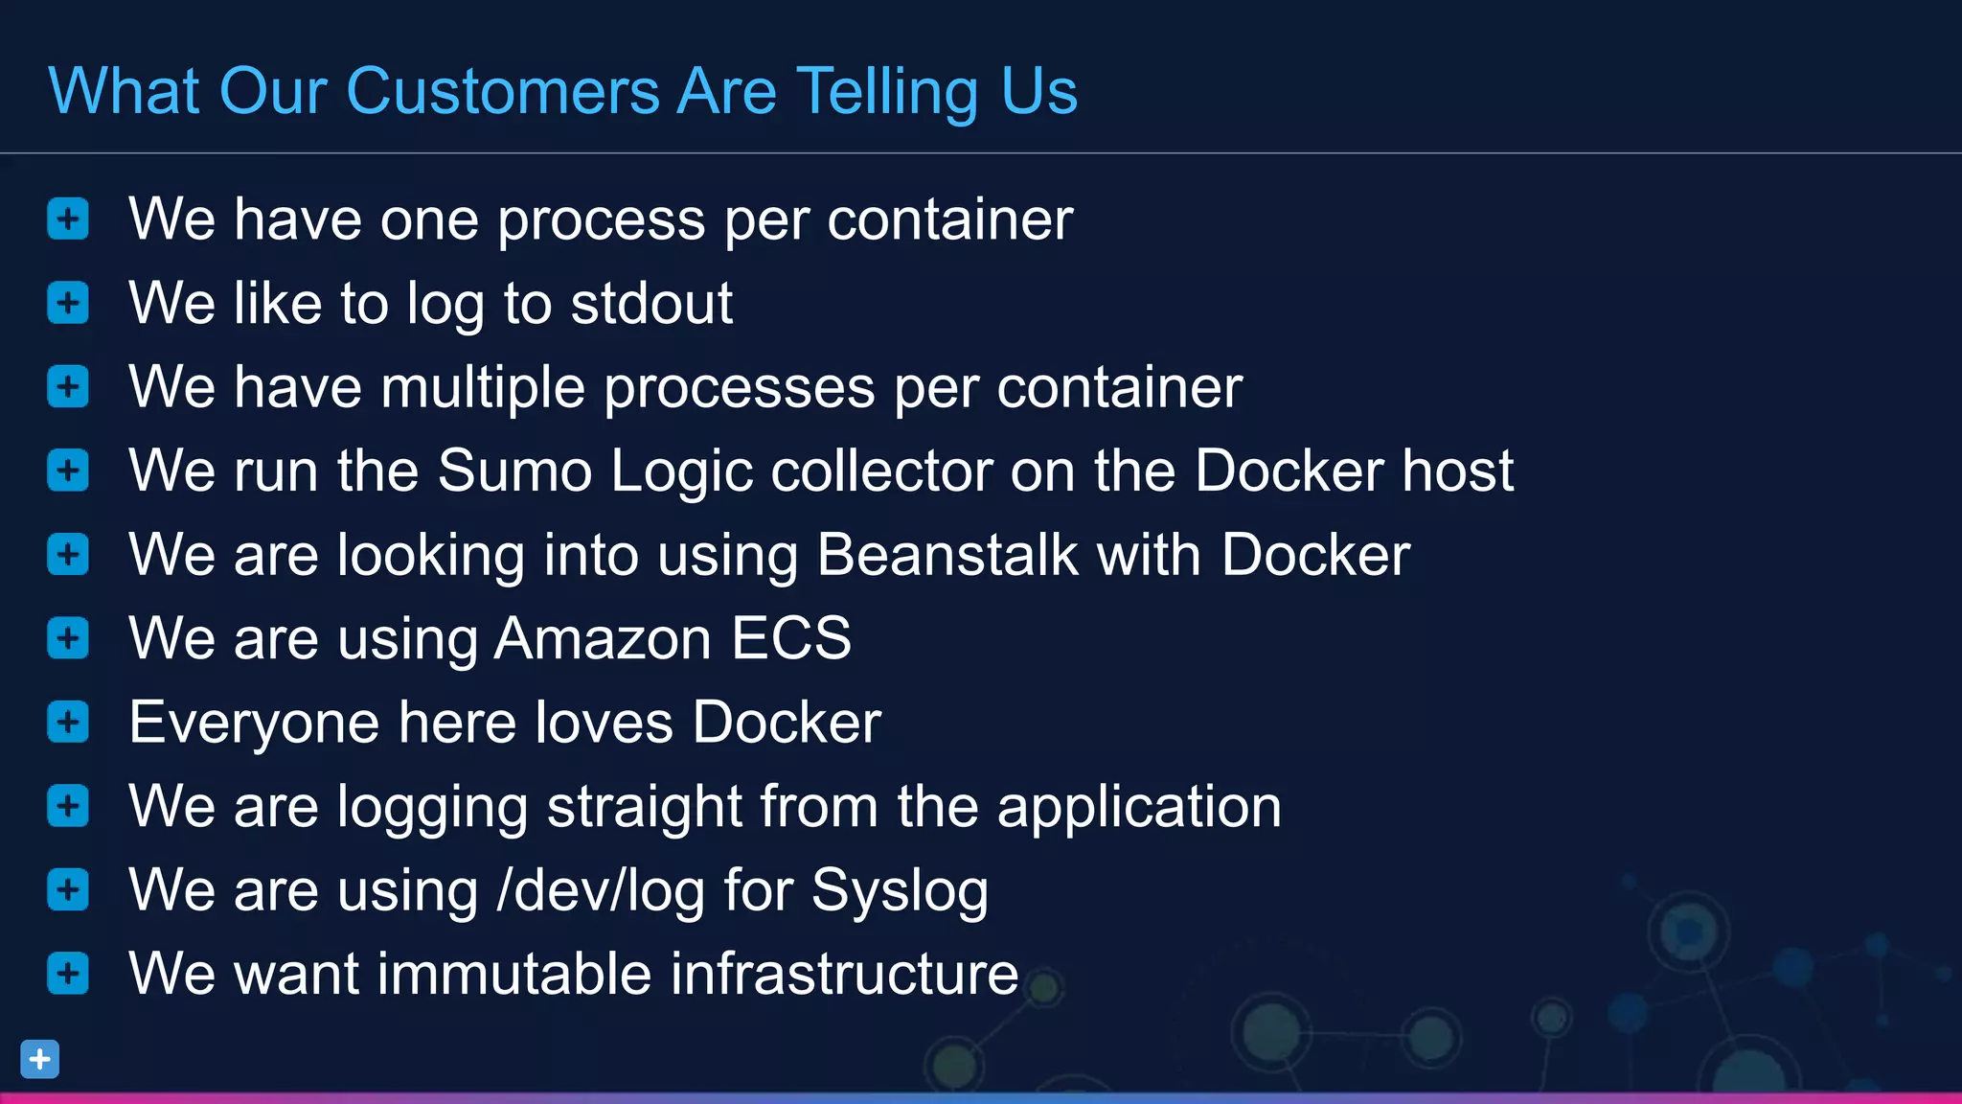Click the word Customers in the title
coord(502,92)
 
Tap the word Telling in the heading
coord(886,92)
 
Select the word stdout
coord(651,304)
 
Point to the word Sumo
coord(514,471)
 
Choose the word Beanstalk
coord(947,555)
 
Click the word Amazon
coord(603,638)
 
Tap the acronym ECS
coord(791,638)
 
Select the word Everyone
coord(254,723)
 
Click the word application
coord(1139,807)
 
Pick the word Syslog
coord(900,892)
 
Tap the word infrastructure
coord(844,974)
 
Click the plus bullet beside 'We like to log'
coord(68,303)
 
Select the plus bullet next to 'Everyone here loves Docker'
coord(68,722)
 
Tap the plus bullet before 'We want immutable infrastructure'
coord(68,974)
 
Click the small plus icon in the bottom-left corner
coord(40,1059)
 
